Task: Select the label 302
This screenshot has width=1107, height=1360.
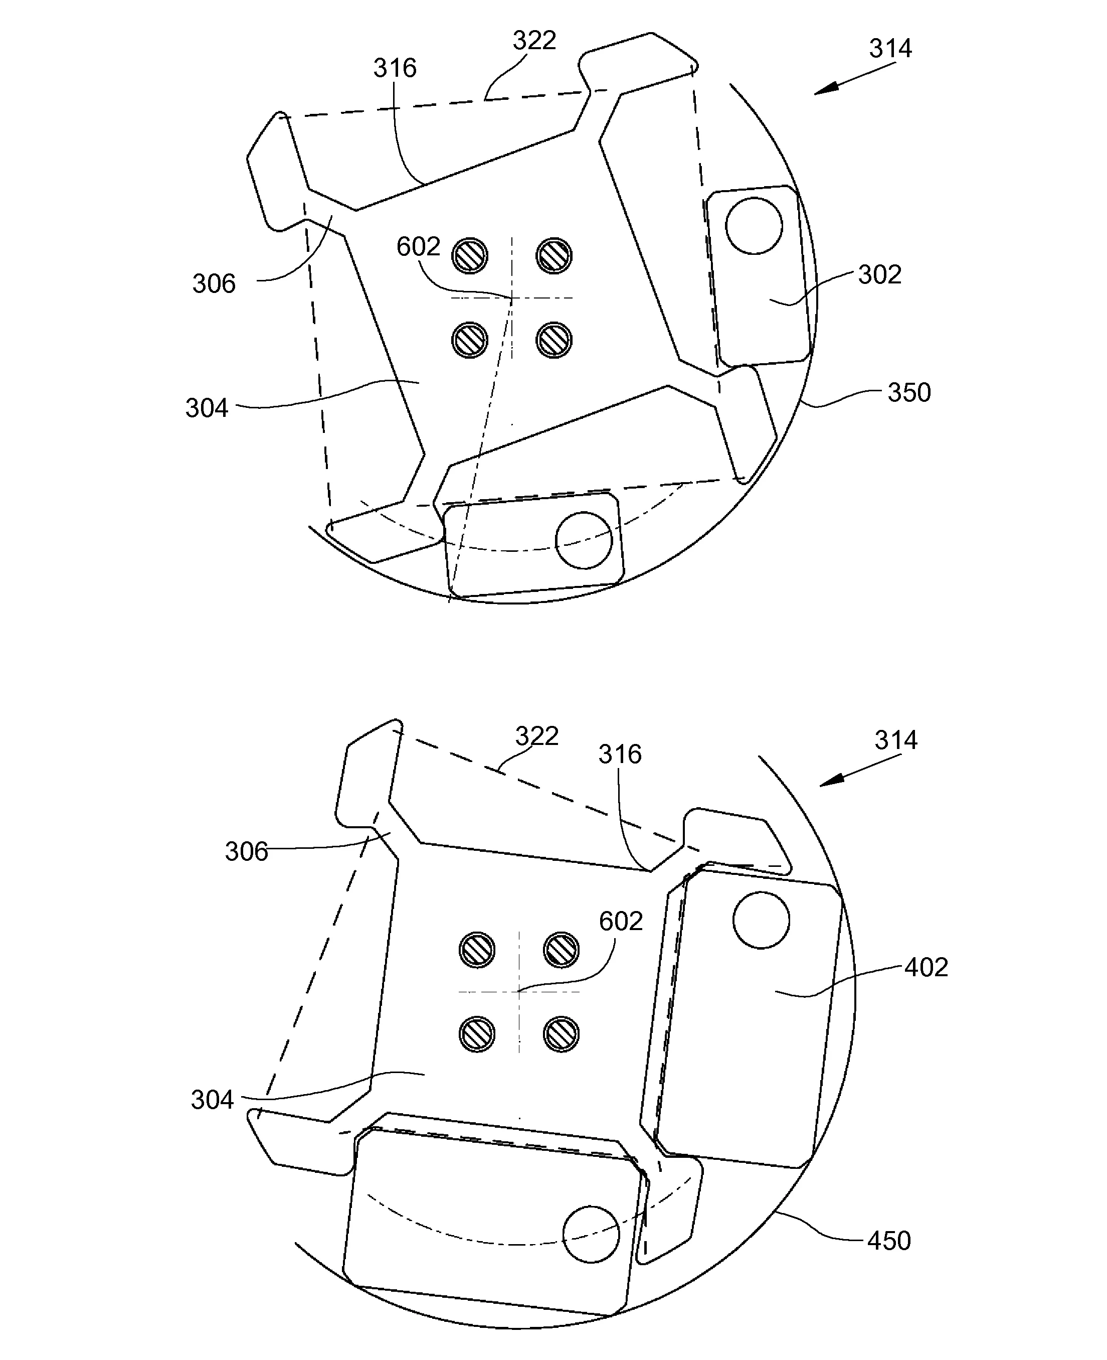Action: (879, 275)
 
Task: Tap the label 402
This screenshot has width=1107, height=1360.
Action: (926, 968)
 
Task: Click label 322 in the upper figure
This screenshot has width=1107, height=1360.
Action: (534, 41)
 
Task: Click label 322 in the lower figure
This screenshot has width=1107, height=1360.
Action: (536, 736)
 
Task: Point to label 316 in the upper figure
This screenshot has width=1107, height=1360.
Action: (395, 68)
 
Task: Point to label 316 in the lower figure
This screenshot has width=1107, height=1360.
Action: (619, 754)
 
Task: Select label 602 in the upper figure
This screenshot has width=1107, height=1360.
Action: (418, 247)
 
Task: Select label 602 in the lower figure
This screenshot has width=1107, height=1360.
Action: (621, 921)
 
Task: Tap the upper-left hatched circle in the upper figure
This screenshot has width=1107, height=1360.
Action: (470, 256)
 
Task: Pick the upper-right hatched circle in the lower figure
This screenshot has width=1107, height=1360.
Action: (561, 949)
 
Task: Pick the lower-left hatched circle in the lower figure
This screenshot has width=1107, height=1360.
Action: (477, 1033)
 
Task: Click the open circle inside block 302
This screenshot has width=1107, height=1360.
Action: (754, 226)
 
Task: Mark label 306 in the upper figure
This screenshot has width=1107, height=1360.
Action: (214, 284)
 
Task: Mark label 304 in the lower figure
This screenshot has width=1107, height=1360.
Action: (212, 1100)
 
